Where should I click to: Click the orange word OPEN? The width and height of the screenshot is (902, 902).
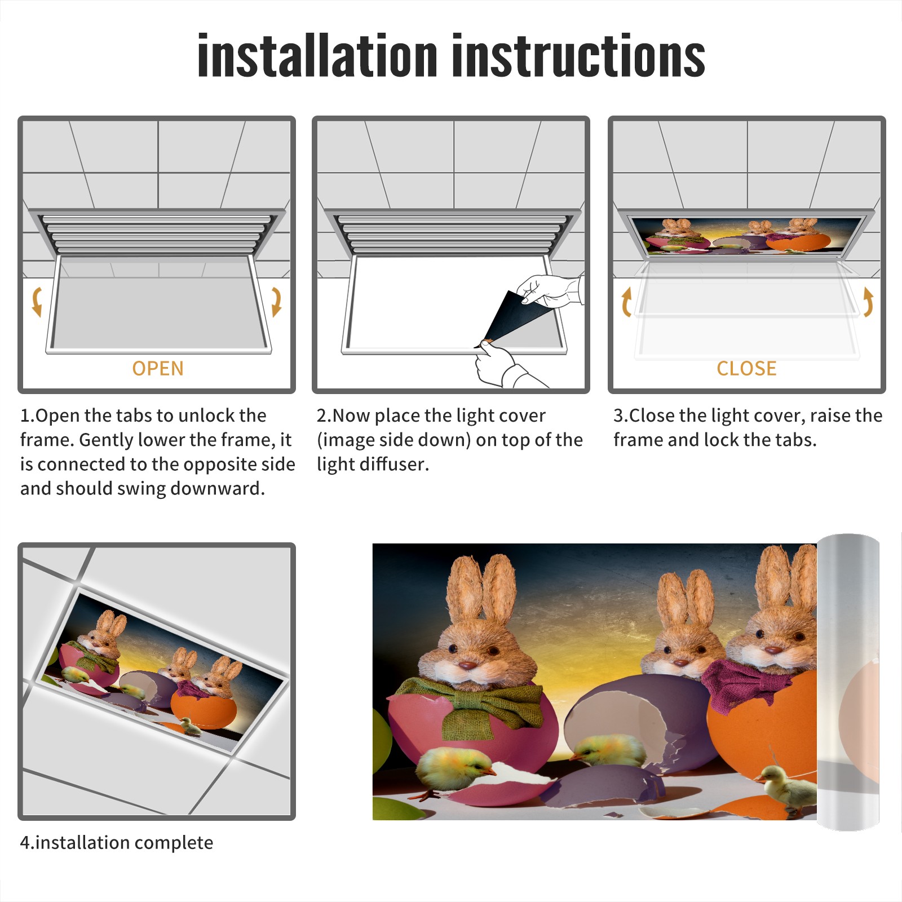tap(158, 369)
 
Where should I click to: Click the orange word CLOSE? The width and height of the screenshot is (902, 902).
tap(746, 369)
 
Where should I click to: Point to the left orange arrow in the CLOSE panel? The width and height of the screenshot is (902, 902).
tap(626, 302)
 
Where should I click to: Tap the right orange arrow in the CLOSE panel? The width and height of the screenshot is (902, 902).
tap(868, 302)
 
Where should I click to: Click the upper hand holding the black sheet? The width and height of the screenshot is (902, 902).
tap(550, 290)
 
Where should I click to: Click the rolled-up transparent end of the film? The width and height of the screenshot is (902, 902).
tap(848, 682)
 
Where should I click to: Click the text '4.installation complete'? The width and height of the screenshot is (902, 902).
tap(117, 843)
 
